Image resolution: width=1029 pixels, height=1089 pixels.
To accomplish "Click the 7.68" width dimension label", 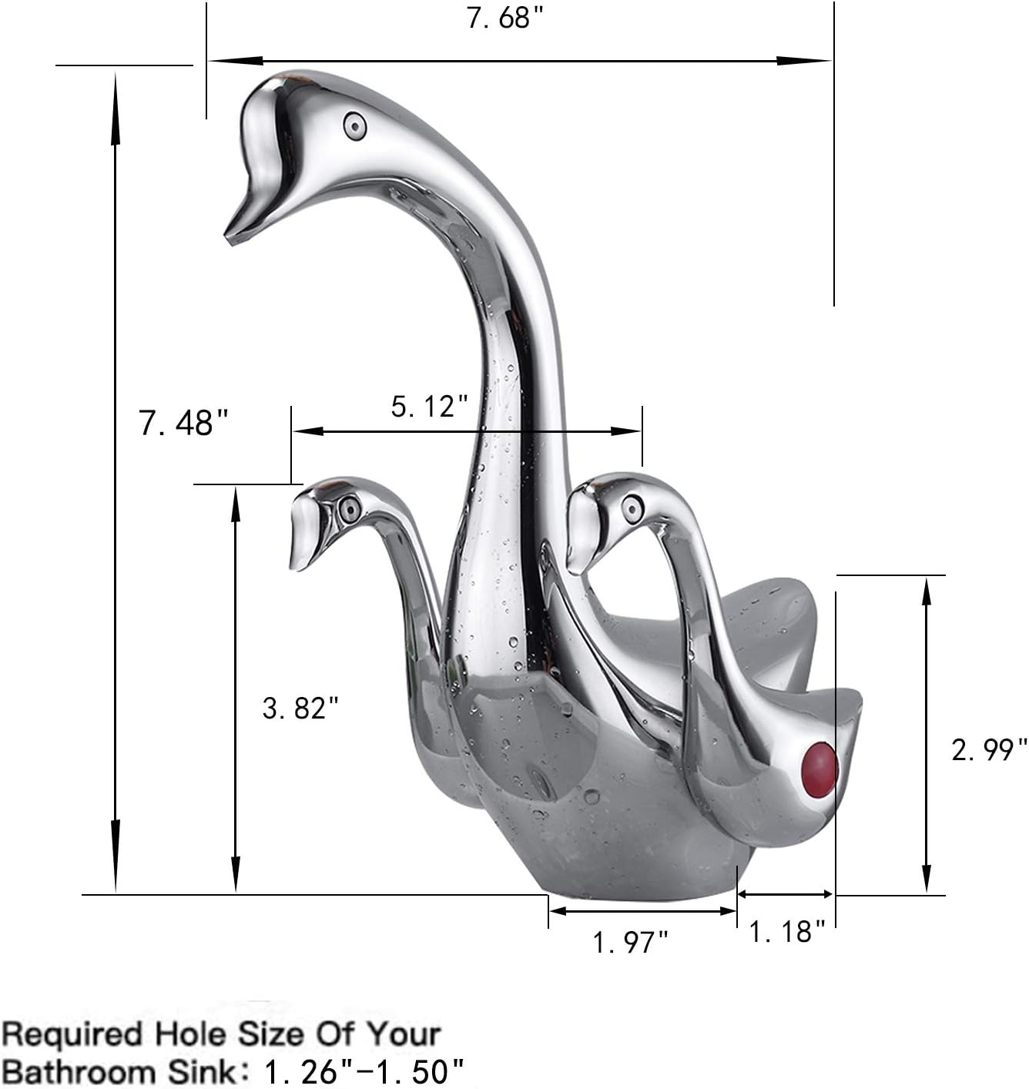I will click(499, 18).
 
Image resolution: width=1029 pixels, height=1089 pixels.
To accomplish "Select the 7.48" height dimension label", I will click(184, 423).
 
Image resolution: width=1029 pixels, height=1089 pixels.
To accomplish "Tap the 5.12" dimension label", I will click(430, 407).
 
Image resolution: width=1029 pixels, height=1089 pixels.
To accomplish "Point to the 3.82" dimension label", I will click(300, 708).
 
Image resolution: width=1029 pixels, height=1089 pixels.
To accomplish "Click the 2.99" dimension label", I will click(989, 749).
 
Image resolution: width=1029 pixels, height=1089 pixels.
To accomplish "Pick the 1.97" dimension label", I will click(630, 942).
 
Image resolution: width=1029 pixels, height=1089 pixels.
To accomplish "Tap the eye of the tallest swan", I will click(355, 124).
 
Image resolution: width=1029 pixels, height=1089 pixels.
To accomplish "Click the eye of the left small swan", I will click(349, 508).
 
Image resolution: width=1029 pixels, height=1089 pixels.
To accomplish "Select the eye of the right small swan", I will click(632, 508).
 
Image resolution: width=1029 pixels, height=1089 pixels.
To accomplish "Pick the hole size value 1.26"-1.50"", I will click(364, 1071).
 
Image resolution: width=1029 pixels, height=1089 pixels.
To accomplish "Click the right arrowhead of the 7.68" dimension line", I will click(809, 60).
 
